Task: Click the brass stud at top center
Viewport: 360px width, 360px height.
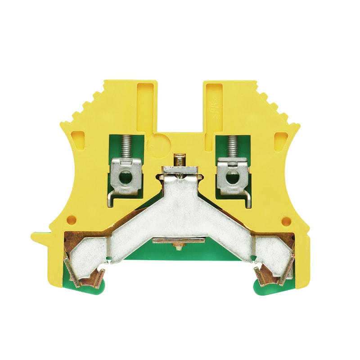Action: click(180, 160)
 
